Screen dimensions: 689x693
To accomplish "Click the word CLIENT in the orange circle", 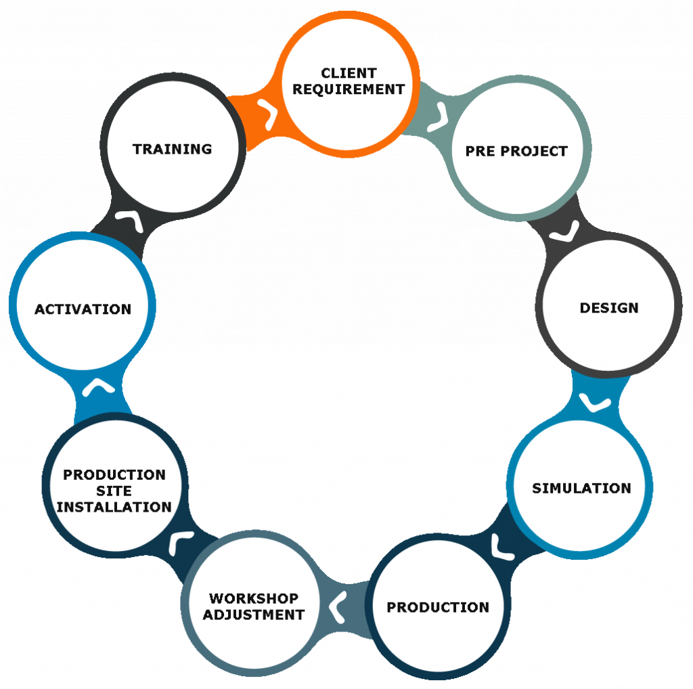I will [349, 73].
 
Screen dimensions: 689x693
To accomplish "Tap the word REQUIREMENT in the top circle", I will [349, 89].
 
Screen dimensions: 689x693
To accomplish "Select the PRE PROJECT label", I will [516, 152].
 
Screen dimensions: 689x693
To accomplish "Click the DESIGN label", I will [609, 309].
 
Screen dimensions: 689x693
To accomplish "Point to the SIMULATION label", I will [581, 489].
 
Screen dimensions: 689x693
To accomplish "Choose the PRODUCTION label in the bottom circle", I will [438, 608].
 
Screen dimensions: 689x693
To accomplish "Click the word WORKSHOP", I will [254, 599].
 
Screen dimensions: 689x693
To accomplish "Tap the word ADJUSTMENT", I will [254, 615].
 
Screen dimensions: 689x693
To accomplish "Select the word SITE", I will [114, 491].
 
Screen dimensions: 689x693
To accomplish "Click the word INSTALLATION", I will [114, 507].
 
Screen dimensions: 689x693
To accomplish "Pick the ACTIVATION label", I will [83, 309].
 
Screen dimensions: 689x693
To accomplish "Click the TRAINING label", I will [172, 149].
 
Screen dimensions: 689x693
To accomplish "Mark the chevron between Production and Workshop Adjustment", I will [338, 604].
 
